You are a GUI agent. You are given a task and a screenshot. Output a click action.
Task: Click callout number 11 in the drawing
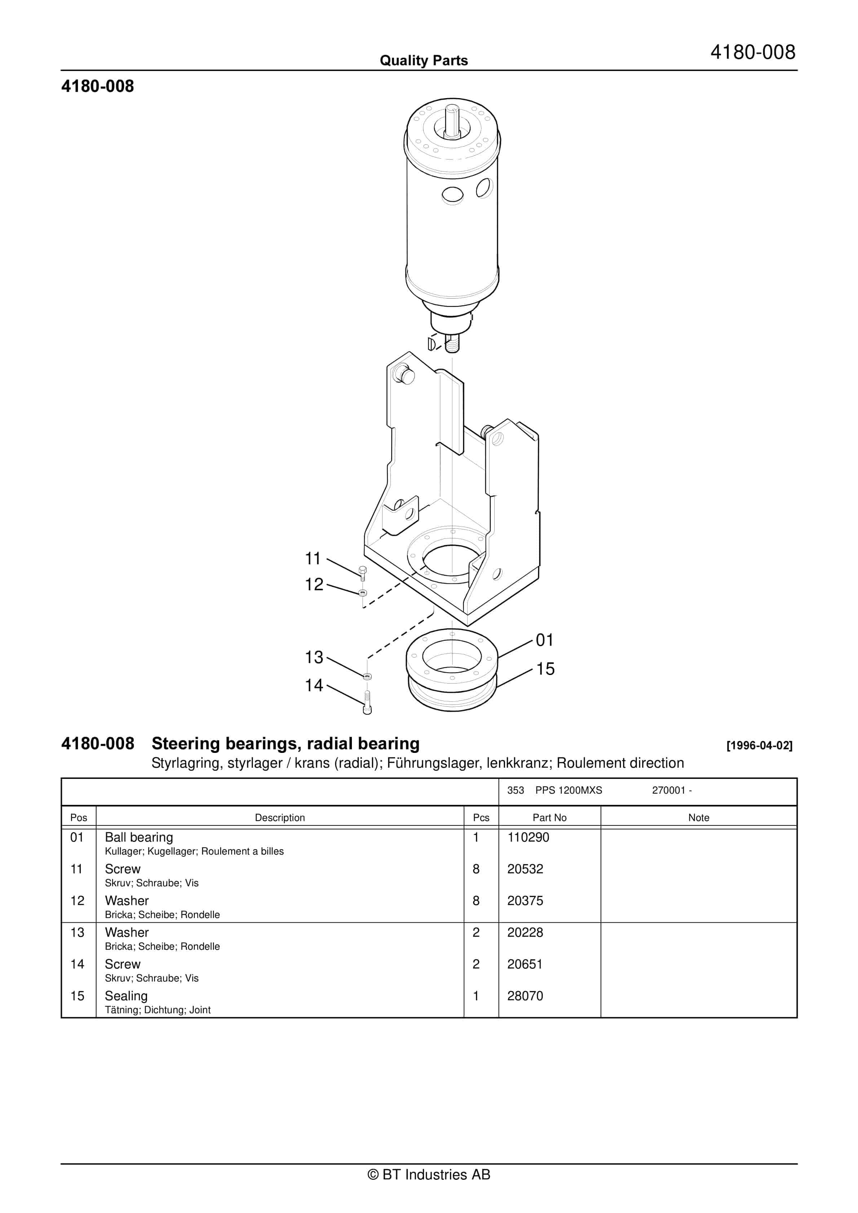tap(313, 559)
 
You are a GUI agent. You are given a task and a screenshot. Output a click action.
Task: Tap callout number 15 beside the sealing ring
tap(545, 669)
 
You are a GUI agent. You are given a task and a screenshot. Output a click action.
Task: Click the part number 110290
tap(528, 837)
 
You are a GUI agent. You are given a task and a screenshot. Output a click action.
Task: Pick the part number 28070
tap(525, 996)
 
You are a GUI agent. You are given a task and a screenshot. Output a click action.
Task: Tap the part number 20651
tap(525, 964)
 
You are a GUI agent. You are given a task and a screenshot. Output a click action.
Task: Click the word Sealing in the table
tap(126, 996)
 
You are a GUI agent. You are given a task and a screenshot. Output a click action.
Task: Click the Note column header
tap(698, 817)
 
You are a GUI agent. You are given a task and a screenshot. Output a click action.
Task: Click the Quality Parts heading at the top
tap(424, 61)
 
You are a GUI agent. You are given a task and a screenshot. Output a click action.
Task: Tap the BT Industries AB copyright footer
tap(429, 1174)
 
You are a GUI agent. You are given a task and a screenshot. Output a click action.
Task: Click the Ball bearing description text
tap(139, 837)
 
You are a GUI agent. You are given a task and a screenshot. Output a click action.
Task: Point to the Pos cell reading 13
tap(77, 932)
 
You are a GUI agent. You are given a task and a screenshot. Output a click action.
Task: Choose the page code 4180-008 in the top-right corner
tap(752, 52)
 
